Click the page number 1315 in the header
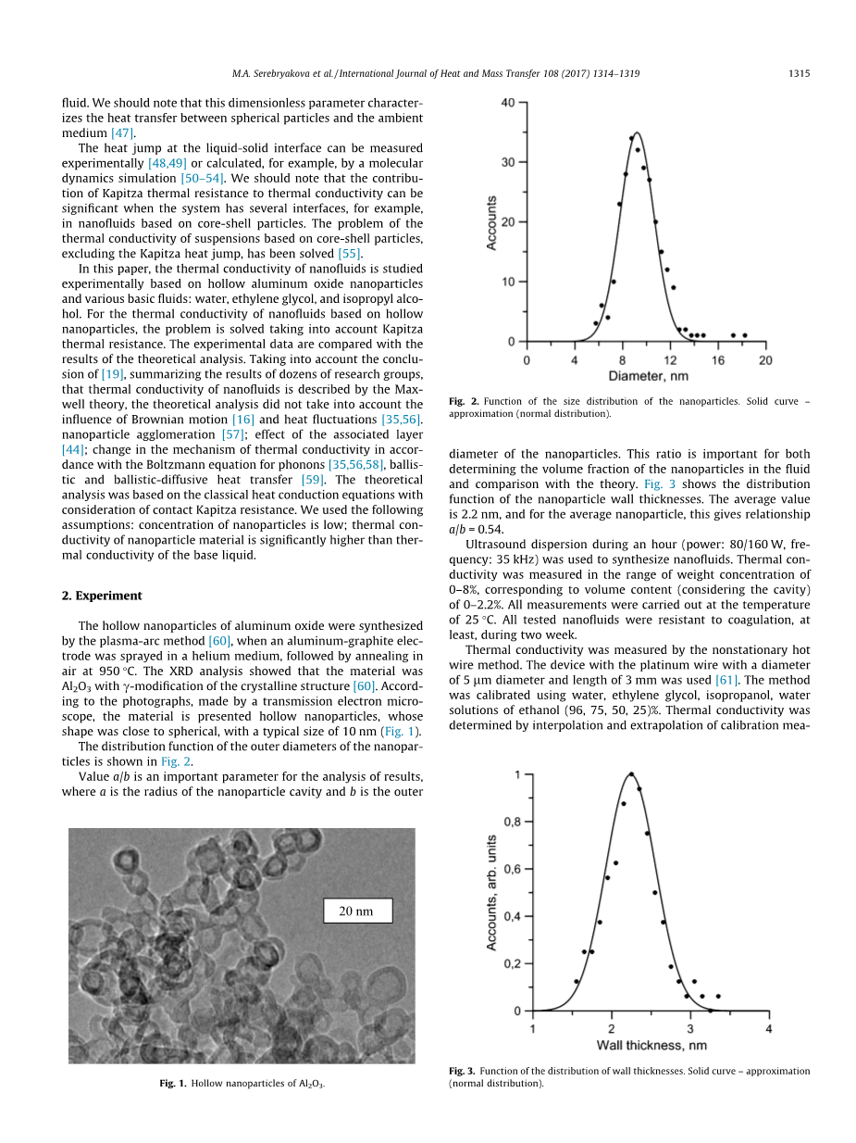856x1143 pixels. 799,74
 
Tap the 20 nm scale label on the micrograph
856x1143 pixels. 356,911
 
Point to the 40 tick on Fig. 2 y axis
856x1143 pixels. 508,103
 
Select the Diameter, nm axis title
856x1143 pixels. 649,376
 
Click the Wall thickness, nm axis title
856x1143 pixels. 651,1045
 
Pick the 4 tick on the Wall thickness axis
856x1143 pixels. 769,1028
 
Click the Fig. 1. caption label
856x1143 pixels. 172,1083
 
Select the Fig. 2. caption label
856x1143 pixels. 463,401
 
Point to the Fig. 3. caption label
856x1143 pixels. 462,1071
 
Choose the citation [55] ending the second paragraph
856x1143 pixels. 349,253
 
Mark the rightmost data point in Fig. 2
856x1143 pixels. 744,335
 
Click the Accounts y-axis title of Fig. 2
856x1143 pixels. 491,222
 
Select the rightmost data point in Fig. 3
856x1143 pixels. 718,996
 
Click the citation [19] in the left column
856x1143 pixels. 112,374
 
